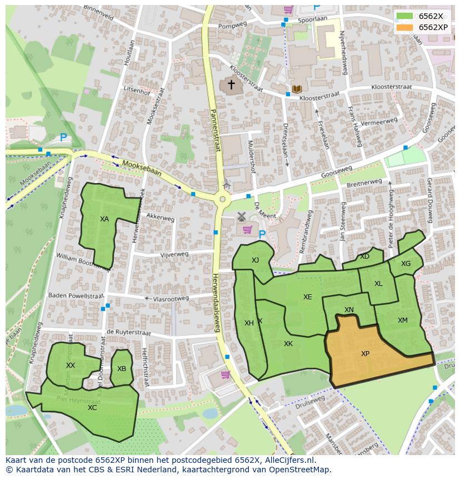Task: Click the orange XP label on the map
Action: pos(365,354)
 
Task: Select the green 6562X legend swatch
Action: pos(405,16)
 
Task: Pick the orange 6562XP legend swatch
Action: pos(405,27)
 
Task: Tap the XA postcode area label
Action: pos(104,219)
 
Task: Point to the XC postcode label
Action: pos(92,408)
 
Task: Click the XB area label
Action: pos(122,369)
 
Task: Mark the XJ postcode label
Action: pos(255,260)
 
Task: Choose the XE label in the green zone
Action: pos(308,297)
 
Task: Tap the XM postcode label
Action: pos(403,320)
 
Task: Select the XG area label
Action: pos(406,264)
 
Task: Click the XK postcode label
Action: pos(288,344)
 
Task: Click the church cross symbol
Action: pos(230,85)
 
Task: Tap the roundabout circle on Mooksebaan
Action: pos(222,199)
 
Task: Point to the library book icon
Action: pos(297,89)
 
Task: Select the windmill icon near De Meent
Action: pos(242,216)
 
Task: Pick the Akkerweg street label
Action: pos(161,219)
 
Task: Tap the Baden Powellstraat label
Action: pos(76,296)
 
